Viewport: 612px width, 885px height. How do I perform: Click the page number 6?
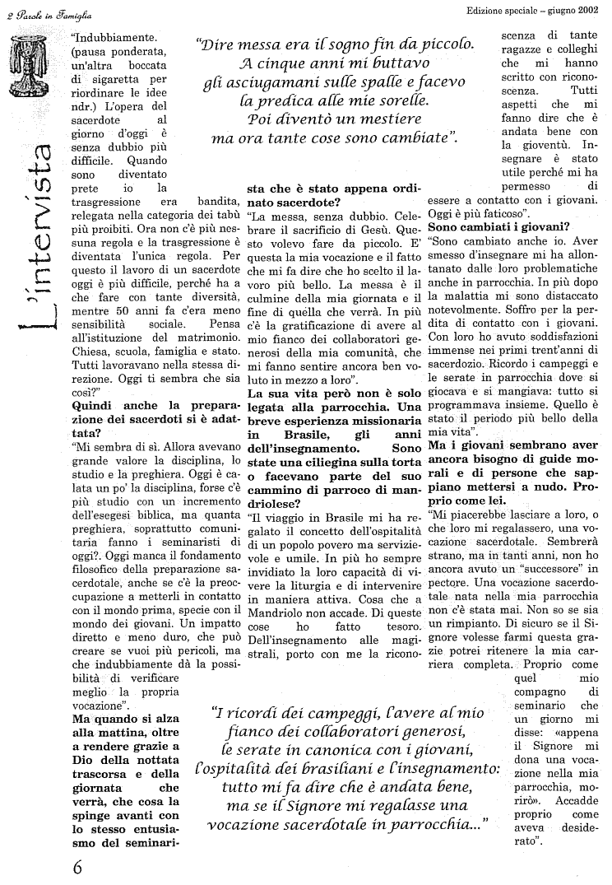(76, 867)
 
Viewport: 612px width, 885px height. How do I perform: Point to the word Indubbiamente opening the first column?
(112, 37)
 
